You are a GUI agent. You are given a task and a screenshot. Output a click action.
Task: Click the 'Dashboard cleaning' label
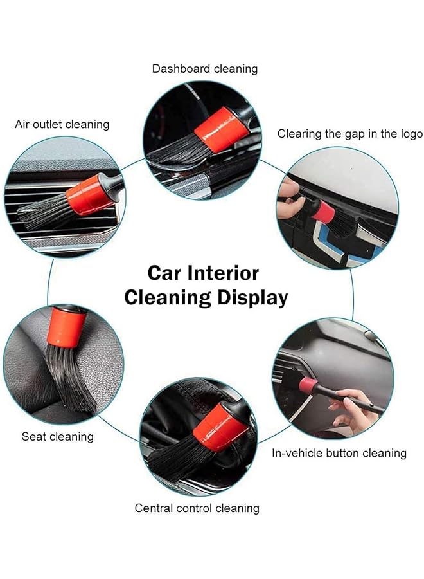(x=205, y=68)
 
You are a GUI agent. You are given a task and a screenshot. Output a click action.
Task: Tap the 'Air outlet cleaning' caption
(x=62, y=124)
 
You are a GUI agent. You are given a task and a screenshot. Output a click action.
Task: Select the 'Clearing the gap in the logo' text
(x=350, y=134)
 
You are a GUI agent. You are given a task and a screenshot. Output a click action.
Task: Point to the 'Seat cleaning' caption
(x=58, y=437)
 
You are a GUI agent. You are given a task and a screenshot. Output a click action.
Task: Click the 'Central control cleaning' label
(x=197, y=508)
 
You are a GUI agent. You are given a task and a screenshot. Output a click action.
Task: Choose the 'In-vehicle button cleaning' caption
(x=339, y=453)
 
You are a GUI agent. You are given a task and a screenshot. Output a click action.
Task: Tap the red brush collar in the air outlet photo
(x=89, y=194)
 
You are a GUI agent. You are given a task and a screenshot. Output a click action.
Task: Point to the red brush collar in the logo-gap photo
(x=323, y=210)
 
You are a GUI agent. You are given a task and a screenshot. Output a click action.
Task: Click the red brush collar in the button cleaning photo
(x=308, y=386)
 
